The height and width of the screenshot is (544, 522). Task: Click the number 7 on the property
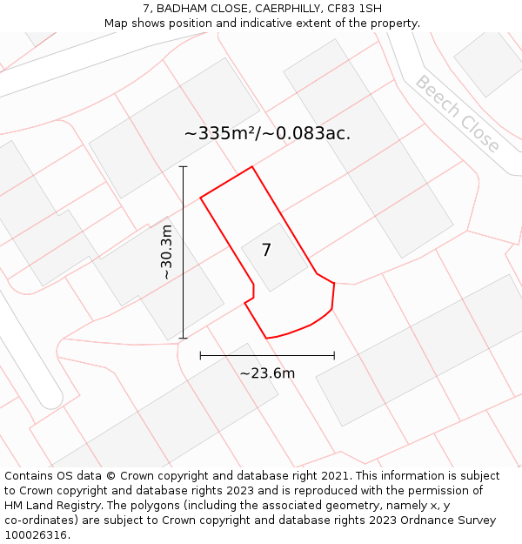[266, 250]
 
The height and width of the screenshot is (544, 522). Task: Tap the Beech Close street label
[457, 114]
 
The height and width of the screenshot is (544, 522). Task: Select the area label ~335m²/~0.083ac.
[267, 133]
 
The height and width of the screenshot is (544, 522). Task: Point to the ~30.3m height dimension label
[166, 252]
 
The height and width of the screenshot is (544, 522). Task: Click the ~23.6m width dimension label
[267, 373]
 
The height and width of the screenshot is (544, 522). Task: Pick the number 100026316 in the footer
[36, 535]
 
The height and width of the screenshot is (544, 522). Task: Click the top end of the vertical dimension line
[183, 166]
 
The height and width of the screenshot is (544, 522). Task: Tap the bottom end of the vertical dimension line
[183, 338]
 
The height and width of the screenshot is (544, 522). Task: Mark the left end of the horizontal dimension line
[200, 355]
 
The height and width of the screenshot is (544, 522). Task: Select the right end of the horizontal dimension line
[334, 355]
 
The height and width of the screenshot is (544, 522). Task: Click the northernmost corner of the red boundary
[252, 167]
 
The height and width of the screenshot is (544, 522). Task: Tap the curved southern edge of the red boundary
[296, 331]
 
